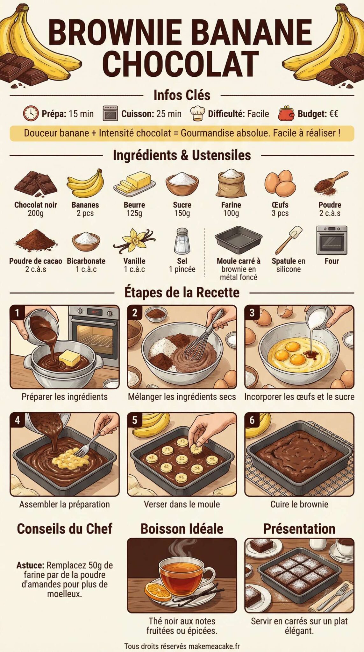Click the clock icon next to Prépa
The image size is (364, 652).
(31, 113)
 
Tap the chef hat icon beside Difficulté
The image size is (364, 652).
(197, 114)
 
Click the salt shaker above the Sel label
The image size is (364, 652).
(182, 240)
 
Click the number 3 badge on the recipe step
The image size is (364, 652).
(252, 313)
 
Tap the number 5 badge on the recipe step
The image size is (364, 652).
(135, 420)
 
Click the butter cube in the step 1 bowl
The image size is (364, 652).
(70, 358)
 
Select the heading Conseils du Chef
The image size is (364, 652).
(65, 529)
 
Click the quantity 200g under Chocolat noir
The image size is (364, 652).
(36, 213)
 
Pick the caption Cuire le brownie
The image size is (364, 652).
(299, 504)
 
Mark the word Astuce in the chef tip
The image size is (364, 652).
(30, 565)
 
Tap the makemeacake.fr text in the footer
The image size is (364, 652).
(214, 646)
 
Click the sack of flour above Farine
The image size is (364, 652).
(231, 184)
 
